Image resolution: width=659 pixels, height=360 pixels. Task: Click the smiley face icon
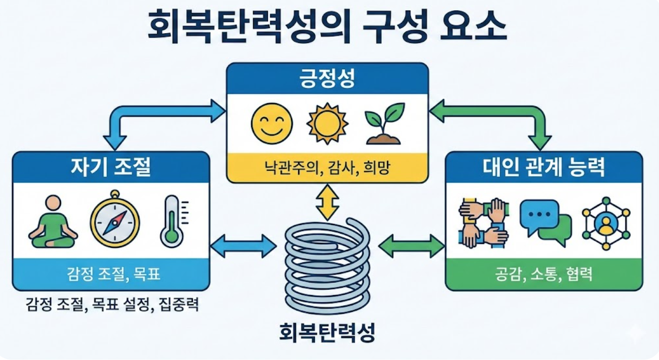pos(272,124)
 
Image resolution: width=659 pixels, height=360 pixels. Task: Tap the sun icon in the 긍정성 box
pos(327,124)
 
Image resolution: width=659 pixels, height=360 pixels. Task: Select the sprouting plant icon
pos(384,124)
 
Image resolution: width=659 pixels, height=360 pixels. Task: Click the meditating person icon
pos(53,222)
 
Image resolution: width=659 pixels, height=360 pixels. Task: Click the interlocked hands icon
pos(483,223)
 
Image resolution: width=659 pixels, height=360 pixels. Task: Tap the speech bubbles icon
pos(545,223)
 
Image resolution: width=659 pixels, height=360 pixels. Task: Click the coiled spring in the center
pos(327,265)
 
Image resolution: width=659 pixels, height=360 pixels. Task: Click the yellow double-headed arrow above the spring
pos(327,202)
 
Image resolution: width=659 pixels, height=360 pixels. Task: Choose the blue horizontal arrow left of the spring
pos(243,246)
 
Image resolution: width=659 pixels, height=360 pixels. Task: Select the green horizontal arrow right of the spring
pos(412,246)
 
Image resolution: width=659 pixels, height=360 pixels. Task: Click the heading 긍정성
pos(327,78)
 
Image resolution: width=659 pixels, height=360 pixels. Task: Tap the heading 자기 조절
pos(111,167)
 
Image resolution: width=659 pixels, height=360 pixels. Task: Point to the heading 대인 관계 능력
pos(543,167)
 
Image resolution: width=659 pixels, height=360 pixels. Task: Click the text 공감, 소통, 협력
pos(543,274)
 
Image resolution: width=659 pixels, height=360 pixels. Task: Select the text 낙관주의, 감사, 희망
pos(327,167)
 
